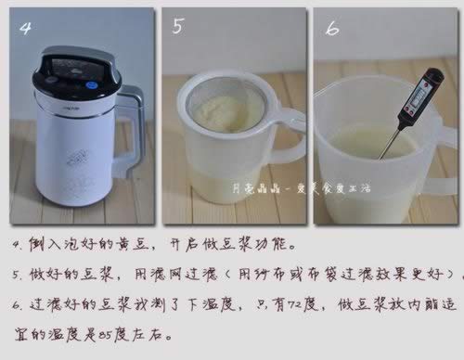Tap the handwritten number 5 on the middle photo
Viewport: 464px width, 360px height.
click(178, 28)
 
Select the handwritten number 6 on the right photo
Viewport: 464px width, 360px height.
click(330, 29)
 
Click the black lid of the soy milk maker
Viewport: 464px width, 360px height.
click(79, 70)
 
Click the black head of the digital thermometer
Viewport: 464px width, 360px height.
click(409, 96)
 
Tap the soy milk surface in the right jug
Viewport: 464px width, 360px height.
click(371, 144)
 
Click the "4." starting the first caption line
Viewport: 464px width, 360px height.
click(19, 248)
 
